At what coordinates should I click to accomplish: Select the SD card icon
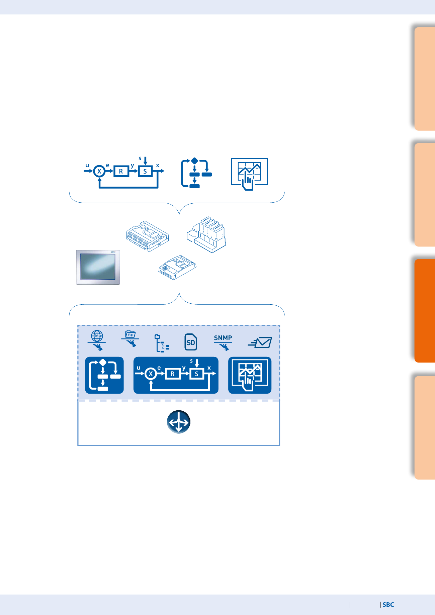click(x=191, y=342)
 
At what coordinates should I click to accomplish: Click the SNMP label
click(x=223, y=338)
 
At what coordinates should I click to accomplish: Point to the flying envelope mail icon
click(x=260, y=342)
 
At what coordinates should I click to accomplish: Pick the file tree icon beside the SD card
click(x=162, y=343)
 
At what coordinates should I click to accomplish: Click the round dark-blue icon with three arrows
click(x=179, y=422)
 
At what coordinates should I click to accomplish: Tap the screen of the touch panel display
click(x=98, y=267)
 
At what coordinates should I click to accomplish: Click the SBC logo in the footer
click(x=388, y=605)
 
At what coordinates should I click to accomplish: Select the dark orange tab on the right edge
click(x=425, y=311)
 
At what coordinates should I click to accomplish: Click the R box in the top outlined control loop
click(x=121, y=171)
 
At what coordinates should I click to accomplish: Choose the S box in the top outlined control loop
click(x=145, y=171)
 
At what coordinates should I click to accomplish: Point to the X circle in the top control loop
click(x=99, y=171)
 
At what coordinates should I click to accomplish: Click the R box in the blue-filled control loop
click(x=172, y=374)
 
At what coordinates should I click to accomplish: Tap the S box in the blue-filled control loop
click(x=197, y=374)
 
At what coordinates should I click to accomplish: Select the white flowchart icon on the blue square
click(x=104, y=375)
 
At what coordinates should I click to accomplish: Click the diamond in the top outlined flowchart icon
click(x=194, y=161)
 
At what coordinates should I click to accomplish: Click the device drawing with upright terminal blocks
click(x=206, y=234)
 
